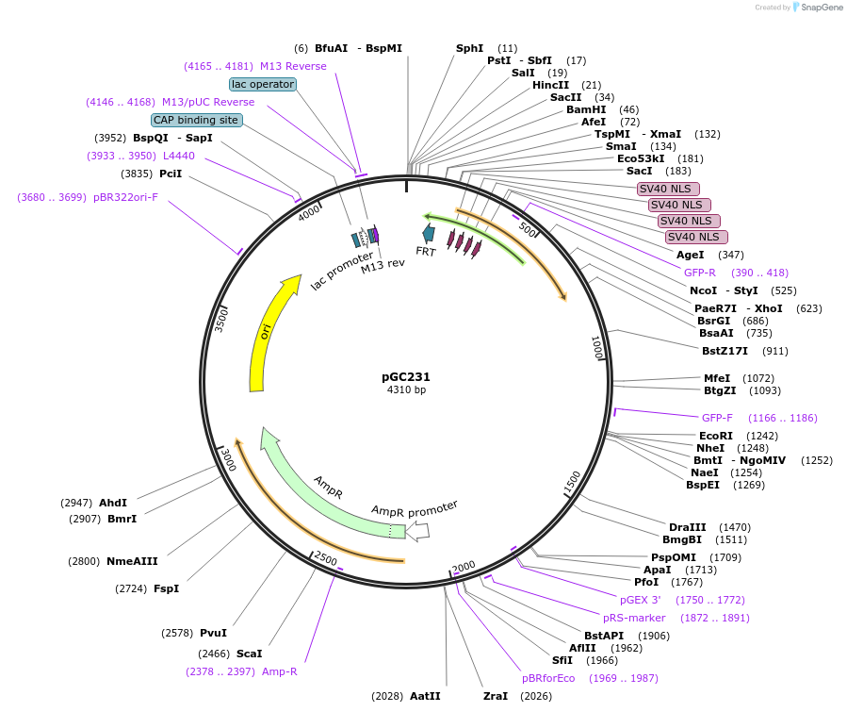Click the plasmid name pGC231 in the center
click(406, 376)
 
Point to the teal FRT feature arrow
click(429, 233)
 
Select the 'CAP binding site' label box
click(196, 120)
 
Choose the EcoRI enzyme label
click(715, 435)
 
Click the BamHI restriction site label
click(586, 109)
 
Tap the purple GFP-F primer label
click(717, 418)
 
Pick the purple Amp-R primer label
click(279, 671)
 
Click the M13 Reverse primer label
click(293, 66)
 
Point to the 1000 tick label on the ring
click(596, 347)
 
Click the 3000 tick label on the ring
click(227, 459)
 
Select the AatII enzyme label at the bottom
click(425, 696)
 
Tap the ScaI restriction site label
click(249, 653)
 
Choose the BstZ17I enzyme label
click(725, 351)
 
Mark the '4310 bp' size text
click(406, 389)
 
